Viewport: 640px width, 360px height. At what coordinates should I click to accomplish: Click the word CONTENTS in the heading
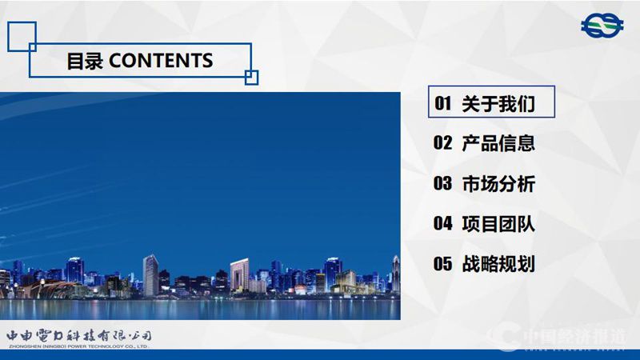(x=160, y=61)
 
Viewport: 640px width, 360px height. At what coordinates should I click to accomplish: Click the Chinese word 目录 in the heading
(x=85, y=61)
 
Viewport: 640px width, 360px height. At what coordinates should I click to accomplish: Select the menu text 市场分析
(x=498, y=184)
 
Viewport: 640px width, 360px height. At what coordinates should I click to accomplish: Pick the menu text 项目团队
(x=498, y=224)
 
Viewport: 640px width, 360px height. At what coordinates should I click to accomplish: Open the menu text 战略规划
(x=498, y=264)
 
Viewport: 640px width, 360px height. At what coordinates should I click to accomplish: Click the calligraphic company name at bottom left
(x=78, y=334)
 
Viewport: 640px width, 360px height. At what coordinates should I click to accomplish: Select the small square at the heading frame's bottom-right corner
(x=251, y=77)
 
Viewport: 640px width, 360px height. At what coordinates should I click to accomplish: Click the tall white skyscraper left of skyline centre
(x=150, y=275)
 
